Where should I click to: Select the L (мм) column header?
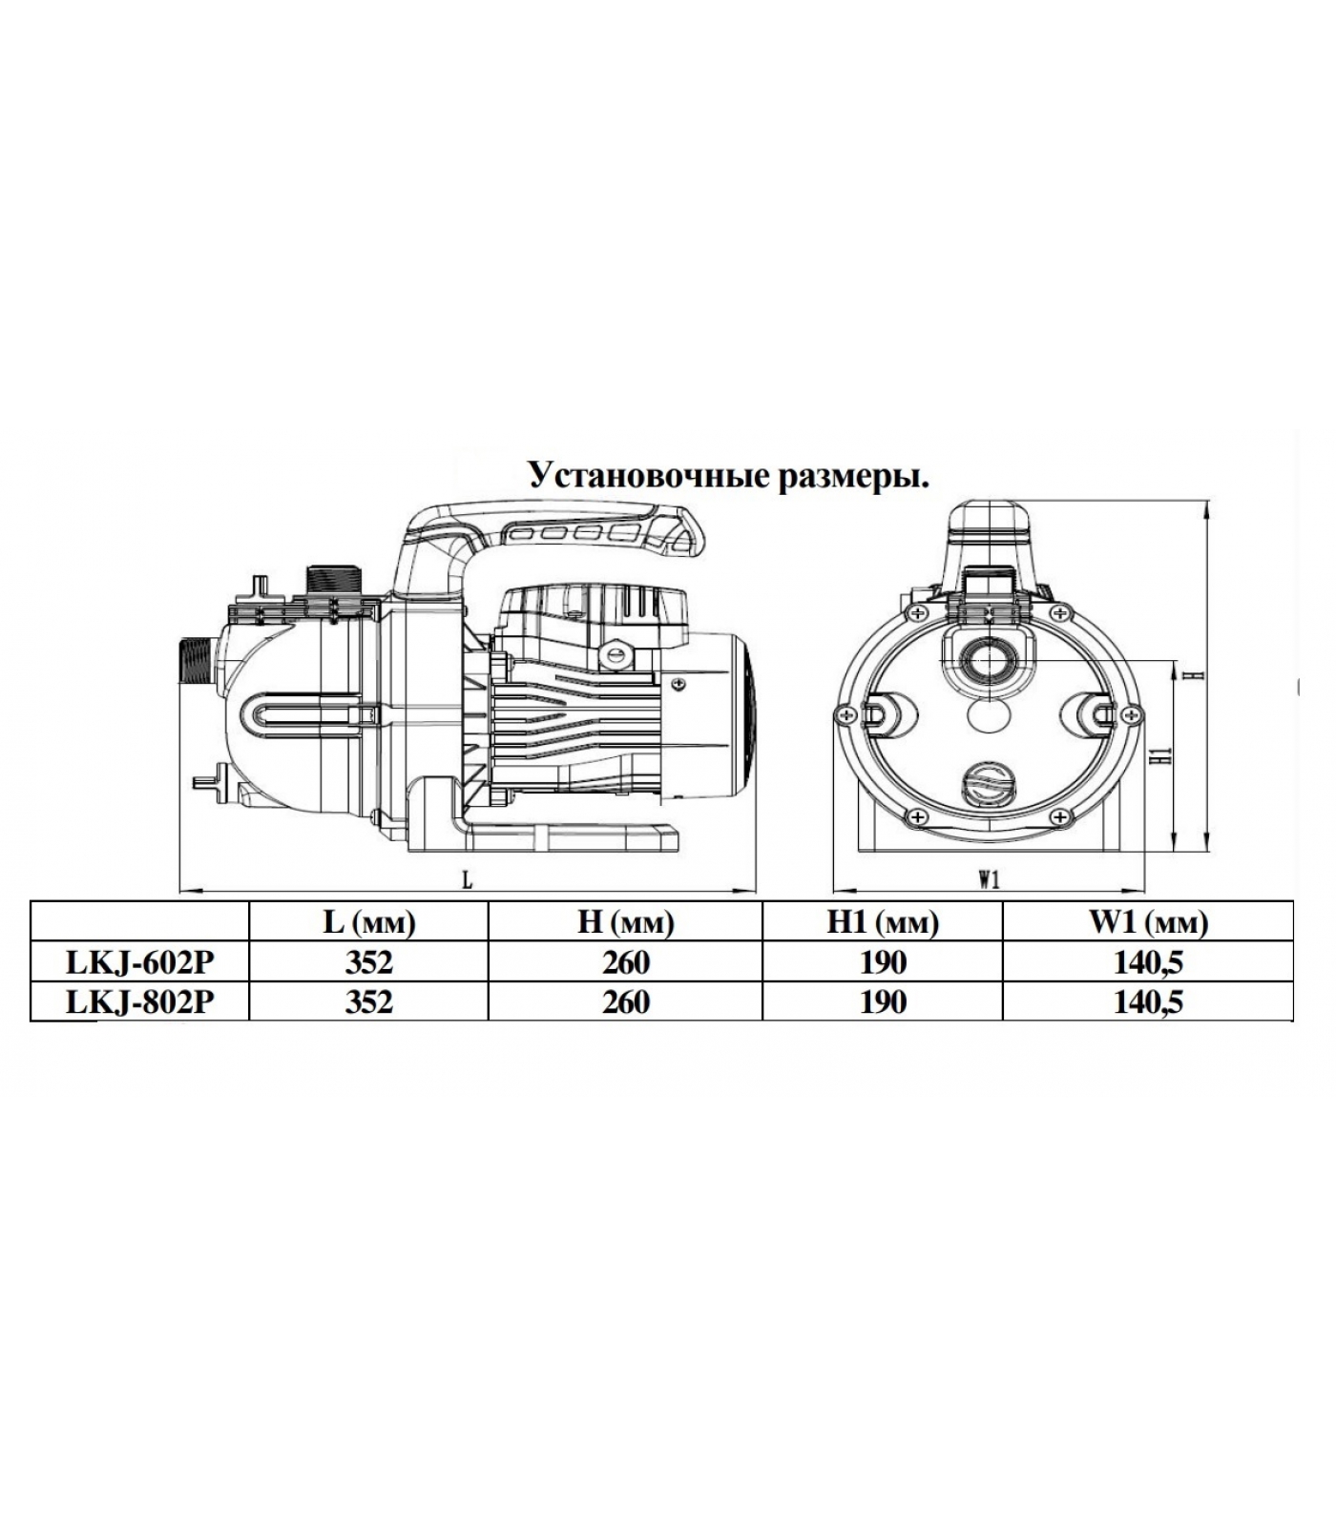pos(368,921)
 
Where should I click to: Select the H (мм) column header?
pos(625,921)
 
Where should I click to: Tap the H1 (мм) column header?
pos(883,921)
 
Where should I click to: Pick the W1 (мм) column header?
pos(1148,921)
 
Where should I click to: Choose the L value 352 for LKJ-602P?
pos(369,962)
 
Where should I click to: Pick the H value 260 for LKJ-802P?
pos(626,1001)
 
